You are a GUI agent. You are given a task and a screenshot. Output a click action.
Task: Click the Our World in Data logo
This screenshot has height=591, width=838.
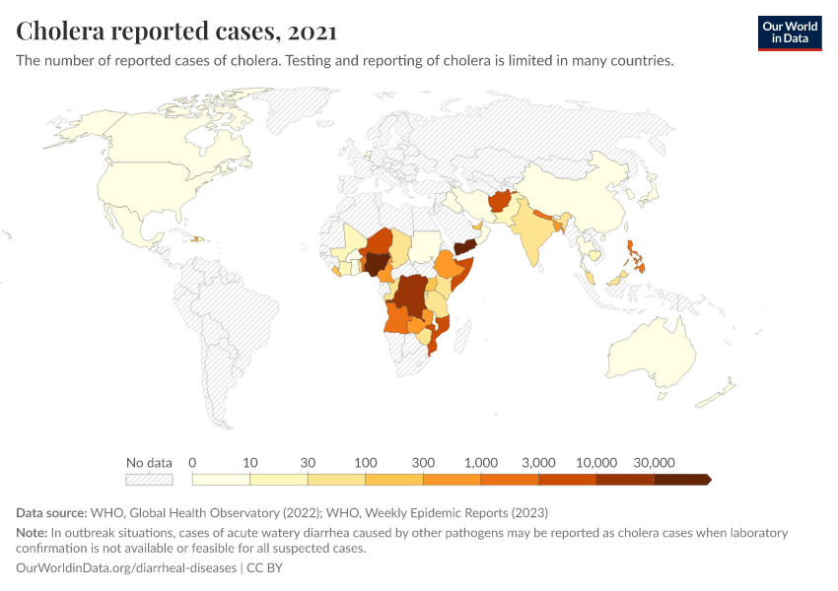click(790, 32)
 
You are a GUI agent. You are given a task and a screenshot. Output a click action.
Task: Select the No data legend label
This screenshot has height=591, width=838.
click(149, 462)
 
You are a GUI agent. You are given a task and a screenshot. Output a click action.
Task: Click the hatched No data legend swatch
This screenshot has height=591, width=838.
click(149, 480)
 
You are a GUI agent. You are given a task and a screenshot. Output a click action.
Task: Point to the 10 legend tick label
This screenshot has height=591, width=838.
click(250, 462)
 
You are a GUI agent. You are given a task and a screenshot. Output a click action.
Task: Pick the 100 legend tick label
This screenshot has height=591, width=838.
click(366, 462)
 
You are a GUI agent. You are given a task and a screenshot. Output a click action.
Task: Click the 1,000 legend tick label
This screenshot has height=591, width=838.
click(481, 462)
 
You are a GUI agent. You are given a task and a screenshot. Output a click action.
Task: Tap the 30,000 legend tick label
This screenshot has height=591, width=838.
click(654, 462)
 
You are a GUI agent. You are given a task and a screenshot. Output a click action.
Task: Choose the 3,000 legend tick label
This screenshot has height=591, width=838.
click(538, 462)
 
